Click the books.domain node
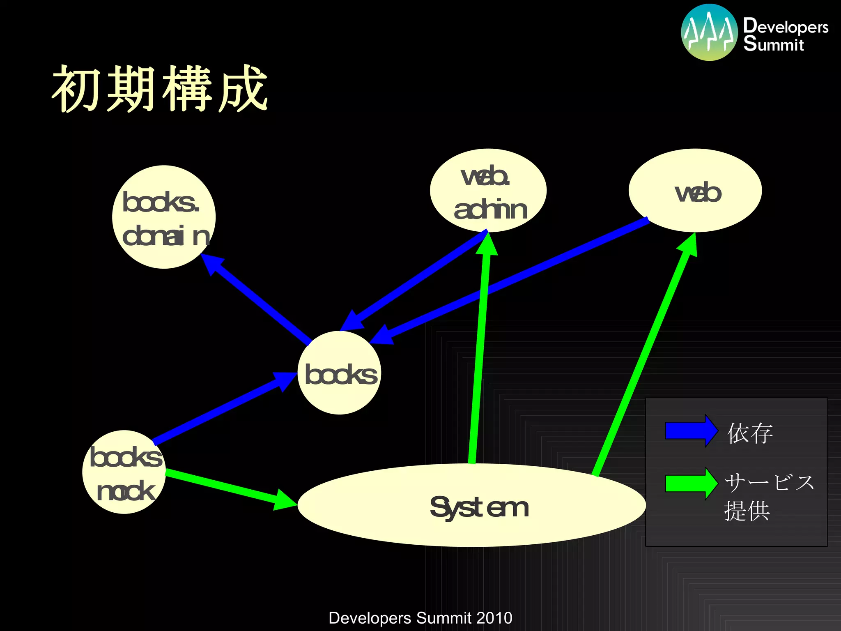point(164,217)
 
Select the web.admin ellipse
point(488,190)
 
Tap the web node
point(695,190)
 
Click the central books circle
point(339,373)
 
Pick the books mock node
point(124,472)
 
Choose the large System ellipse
point(471,505)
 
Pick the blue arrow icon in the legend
point(691,431)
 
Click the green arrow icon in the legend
point(691,484)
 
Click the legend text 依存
point(750,433)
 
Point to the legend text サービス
point(769,482)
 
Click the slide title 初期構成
point(160,89)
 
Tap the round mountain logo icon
point(709,32)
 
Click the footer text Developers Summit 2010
point(420,618)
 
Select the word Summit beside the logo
point(773,44)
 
